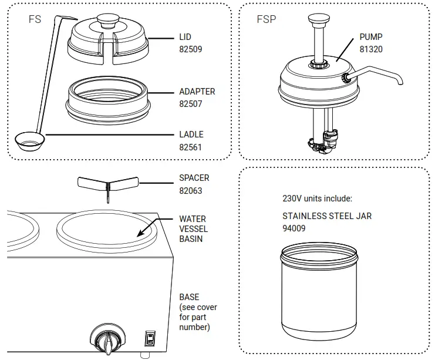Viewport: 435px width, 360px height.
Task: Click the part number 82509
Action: pyautogui.click(x=190, y=50)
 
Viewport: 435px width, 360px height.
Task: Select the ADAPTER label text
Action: pyautogui.click(x=197, y=92)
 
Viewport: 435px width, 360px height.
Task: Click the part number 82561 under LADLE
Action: pyautogui.click(x=190, y=147)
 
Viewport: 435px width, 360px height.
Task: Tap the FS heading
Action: pyautogui.click(x=35, y=19)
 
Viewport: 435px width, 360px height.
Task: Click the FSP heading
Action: pyautogui.click(x=266, y=19)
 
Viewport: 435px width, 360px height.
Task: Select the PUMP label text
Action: pyautogui.click(x=371, y=37)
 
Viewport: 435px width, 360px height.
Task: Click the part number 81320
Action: pyautogui.click(x=371, y=50)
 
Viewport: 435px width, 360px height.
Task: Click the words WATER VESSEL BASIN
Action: pyautogui.click(x=193, y=229)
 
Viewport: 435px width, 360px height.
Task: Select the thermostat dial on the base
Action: pyautogui.click(x=108, y=340)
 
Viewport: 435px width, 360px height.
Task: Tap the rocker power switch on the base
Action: pyautogui.click(x=150, y=339)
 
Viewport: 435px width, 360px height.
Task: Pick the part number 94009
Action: pyautogui.click(x=294, y=228)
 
